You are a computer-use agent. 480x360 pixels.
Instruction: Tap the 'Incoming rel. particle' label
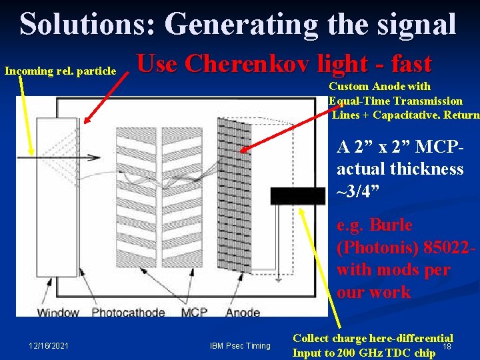(61, 71)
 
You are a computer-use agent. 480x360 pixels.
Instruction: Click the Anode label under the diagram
(243, 311)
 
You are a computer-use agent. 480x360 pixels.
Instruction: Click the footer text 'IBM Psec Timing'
(241, 345)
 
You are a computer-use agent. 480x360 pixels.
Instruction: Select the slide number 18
(448, 346)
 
